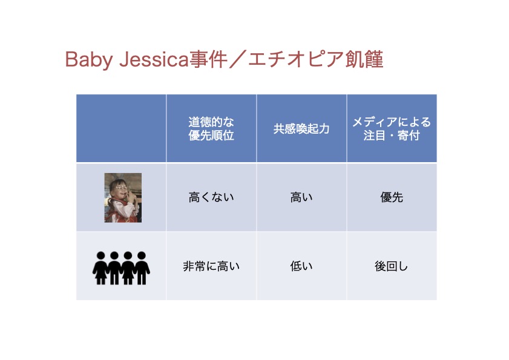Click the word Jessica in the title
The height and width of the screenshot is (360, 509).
(154, 60)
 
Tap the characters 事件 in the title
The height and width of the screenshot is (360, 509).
(208, 59)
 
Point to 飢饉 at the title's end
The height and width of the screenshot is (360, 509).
(364, 59)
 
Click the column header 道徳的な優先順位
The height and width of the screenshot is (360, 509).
(211, 128)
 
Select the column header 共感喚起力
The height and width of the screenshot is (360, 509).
(301, 129)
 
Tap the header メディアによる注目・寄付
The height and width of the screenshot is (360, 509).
(392, 128)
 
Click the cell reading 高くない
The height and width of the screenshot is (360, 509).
(211, 197)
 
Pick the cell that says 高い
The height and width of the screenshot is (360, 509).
(301, 197)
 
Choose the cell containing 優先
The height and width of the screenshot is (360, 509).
(392, 197)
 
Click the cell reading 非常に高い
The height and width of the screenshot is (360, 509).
(211, 266)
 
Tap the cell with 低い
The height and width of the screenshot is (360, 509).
(301, 266)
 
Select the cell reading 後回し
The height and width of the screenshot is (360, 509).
(392, 266)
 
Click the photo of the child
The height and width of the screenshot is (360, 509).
(123, 198)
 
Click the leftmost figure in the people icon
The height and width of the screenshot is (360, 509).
(100, 268)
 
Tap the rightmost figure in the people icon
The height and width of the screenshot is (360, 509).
(142, 268)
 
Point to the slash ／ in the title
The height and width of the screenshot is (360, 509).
(238, 59)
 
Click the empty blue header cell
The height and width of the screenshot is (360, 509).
(121, 128)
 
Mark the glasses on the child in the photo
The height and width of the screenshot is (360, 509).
(121, 188)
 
